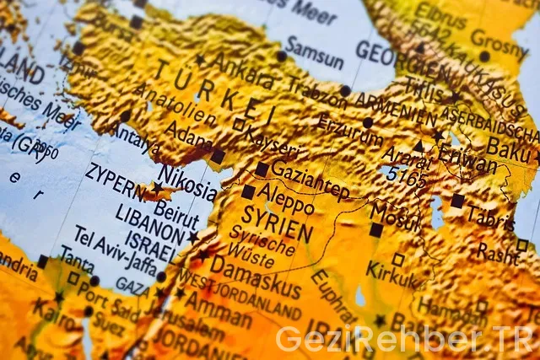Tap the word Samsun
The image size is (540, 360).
[315, 53]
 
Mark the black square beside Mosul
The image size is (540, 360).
[375, 229]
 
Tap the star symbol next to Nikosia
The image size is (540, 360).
[157, 187]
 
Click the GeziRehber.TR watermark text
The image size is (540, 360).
[406, 338]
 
